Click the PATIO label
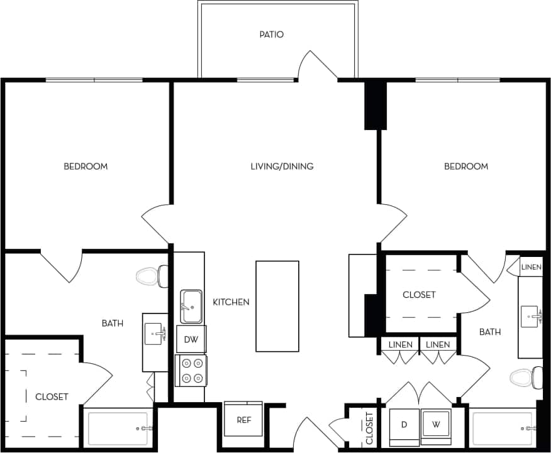click(271, 35)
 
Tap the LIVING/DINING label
click(282, 166)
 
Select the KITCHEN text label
click(231, 302)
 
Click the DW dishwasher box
click(191, 340)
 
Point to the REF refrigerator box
click(243, 419)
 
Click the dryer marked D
click(404, 425)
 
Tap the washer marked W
click(435, 424)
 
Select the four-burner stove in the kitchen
click(191, 370)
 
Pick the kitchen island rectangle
click(277, 306)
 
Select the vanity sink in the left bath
click(155, 334)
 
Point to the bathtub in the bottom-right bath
click(503, 428)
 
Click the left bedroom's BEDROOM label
click(86, 166)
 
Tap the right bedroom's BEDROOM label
click(466, 166)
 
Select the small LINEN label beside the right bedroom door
click(531, 267)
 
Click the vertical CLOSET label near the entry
click(369, 427)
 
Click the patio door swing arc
click(318, 64)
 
